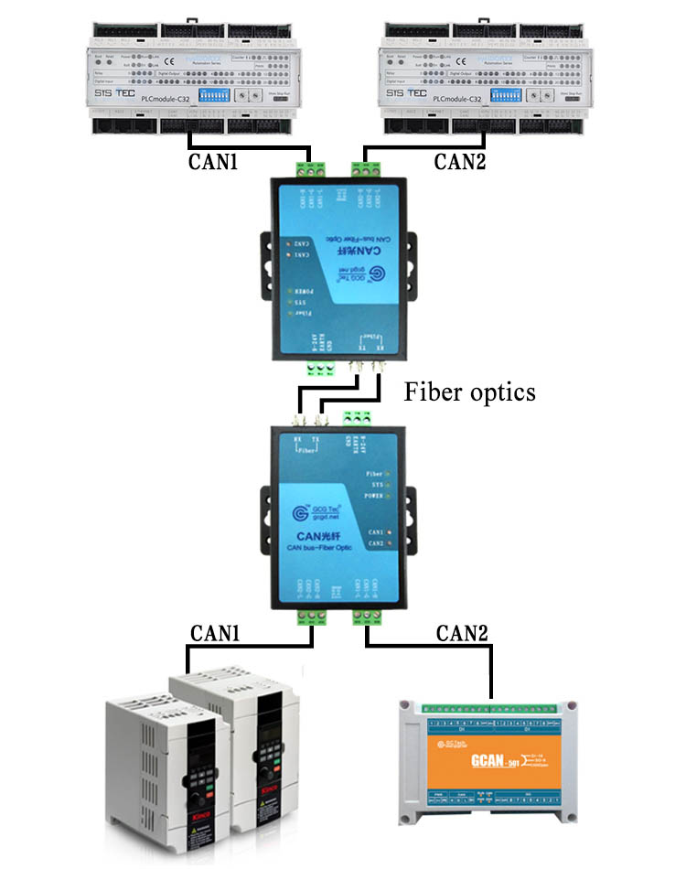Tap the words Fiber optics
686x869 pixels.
pos(469,393)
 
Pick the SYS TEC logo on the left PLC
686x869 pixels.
pos(113,93)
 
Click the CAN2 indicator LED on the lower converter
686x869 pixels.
pos(389,544)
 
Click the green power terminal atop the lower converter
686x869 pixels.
pos(356,418)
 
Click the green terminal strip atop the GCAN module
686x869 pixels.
pos(489,706)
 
